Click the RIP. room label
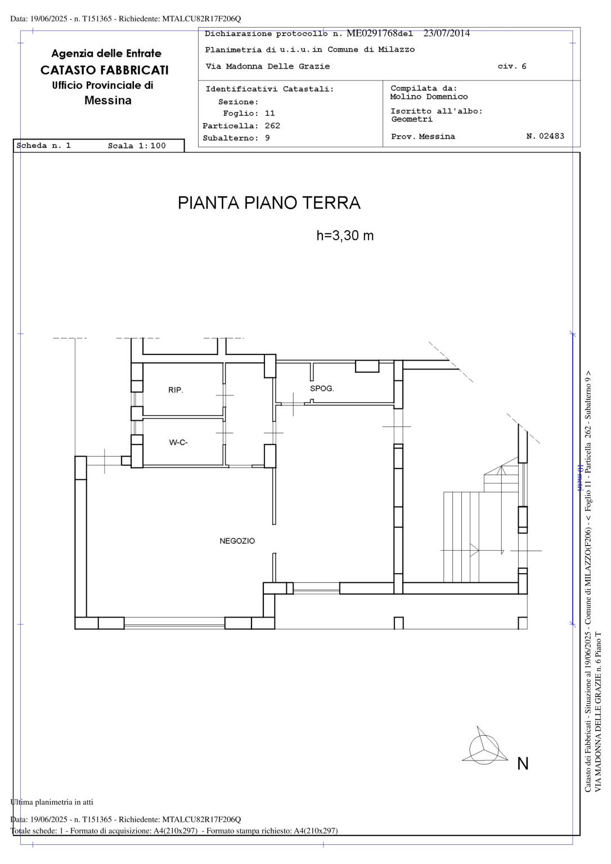pyautogui.click(x=176, y=390)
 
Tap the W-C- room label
pyautogui.click(x=178, y=443)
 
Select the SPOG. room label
pyautogui.click(x=322, y=389)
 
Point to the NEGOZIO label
pyautogui.click(x=237, y=541)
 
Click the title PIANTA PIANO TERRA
pyautogui.click(x=269, y=203)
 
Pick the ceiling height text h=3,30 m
pyautogui.click(x=345, y=235)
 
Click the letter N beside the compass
pyautogui.click(x=523, y=764)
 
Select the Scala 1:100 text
pyautogui.click(x=137, y=146)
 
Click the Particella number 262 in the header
pyautogui.click(x=272, y=126)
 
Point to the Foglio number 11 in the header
pyautogui.click(x=269, y=114)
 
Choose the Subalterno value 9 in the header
pyautogui.click(x=267, y=138)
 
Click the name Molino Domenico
pyautogui.click(x=429, y=97)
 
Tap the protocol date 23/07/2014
pyautogui.click(x=447, y=33)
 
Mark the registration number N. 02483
pyautogui.click(x=545, y=136)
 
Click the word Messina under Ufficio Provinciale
pyautogui.click(x=108, y=101)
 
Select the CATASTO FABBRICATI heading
pyautogui.click(x=105, y=70)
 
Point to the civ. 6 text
pyautogui.click(x=512, y=66)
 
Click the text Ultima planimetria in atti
pyautogui.click(x=52, y=802)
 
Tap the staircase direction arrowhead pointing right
pyautogui.click(x=474, y=551)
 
